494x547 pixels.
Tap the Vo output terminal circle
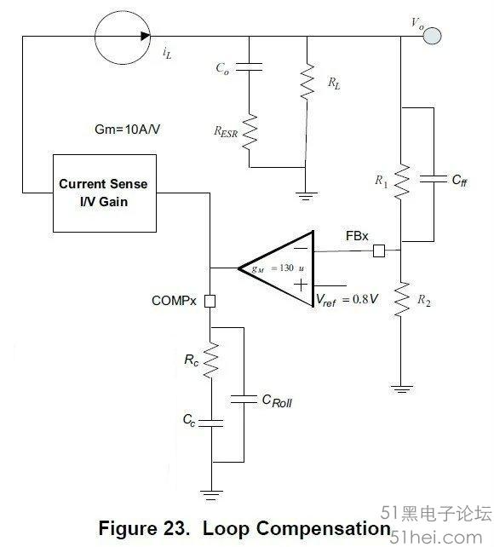[x=433, y=36]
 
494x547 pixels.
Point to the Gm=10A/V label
[x=127, y=130]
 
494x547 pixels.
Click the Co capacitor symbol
[x=249, y=67]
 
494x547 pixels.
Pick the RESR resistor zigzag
[x=250, y=132]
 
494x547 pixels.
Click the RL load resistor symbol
[x=307, y=82]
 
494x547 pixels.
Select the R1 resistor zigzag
[x=401, y=181]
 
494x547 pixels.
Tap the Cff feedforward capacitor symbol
[x=434, y=179]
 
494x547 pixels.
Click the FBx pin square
[x=379, y=250]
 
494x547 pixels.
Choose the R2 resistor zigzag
[x=401, y=299]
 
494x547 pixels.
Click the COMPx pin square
[x=210, y=301]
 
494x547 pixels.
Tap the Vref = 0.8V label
[x=347, y=300]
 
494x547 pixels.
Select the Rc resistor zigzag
[x=210, y=360]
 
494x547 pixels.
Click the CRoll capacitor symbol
[x=244, y=400]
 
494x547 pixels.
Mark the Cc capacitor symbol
[x=211, y=423]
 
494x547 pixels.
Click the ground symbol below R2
[x=401, y=389]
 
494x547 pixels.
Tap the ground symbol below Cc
[x=211, y=495]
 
